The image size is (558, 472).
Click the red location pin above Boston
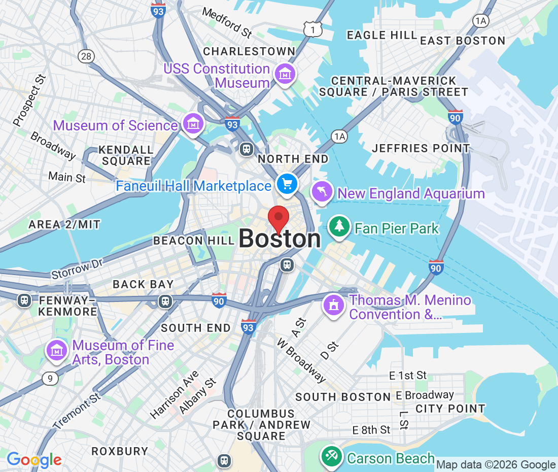coord(278,219)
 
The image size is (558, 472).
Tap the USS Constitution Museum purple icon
coord(285,74)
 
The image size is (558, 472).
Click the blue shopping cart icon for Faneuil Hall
coord(287,183)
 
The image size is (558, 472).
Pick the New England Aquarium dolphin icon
coord(322,192)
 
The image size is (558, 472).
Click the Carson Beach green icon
coord(332,455)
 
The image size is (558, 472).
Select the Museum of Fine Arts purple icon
coord(57,351)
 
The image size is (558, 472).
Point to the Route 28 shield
coord(86,56)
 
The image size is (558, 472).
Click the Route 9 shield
coord(50,378)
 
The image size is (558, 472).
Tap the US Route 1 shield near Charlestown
coord(313,30)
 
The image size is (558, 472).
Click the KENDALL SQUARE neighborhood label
coord(126,155)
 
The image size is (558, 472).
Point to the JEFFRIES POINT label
coord(421,148)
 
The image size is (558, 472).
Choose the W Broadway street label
coord(301,360)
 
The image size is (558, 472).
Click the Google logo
coord(34,460)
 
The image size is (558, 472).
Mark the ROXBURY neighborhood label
coord(120,451)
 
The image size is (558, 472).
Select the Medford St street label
coord(227,22)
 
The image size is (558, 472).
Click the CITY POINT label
coord(450,409)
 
